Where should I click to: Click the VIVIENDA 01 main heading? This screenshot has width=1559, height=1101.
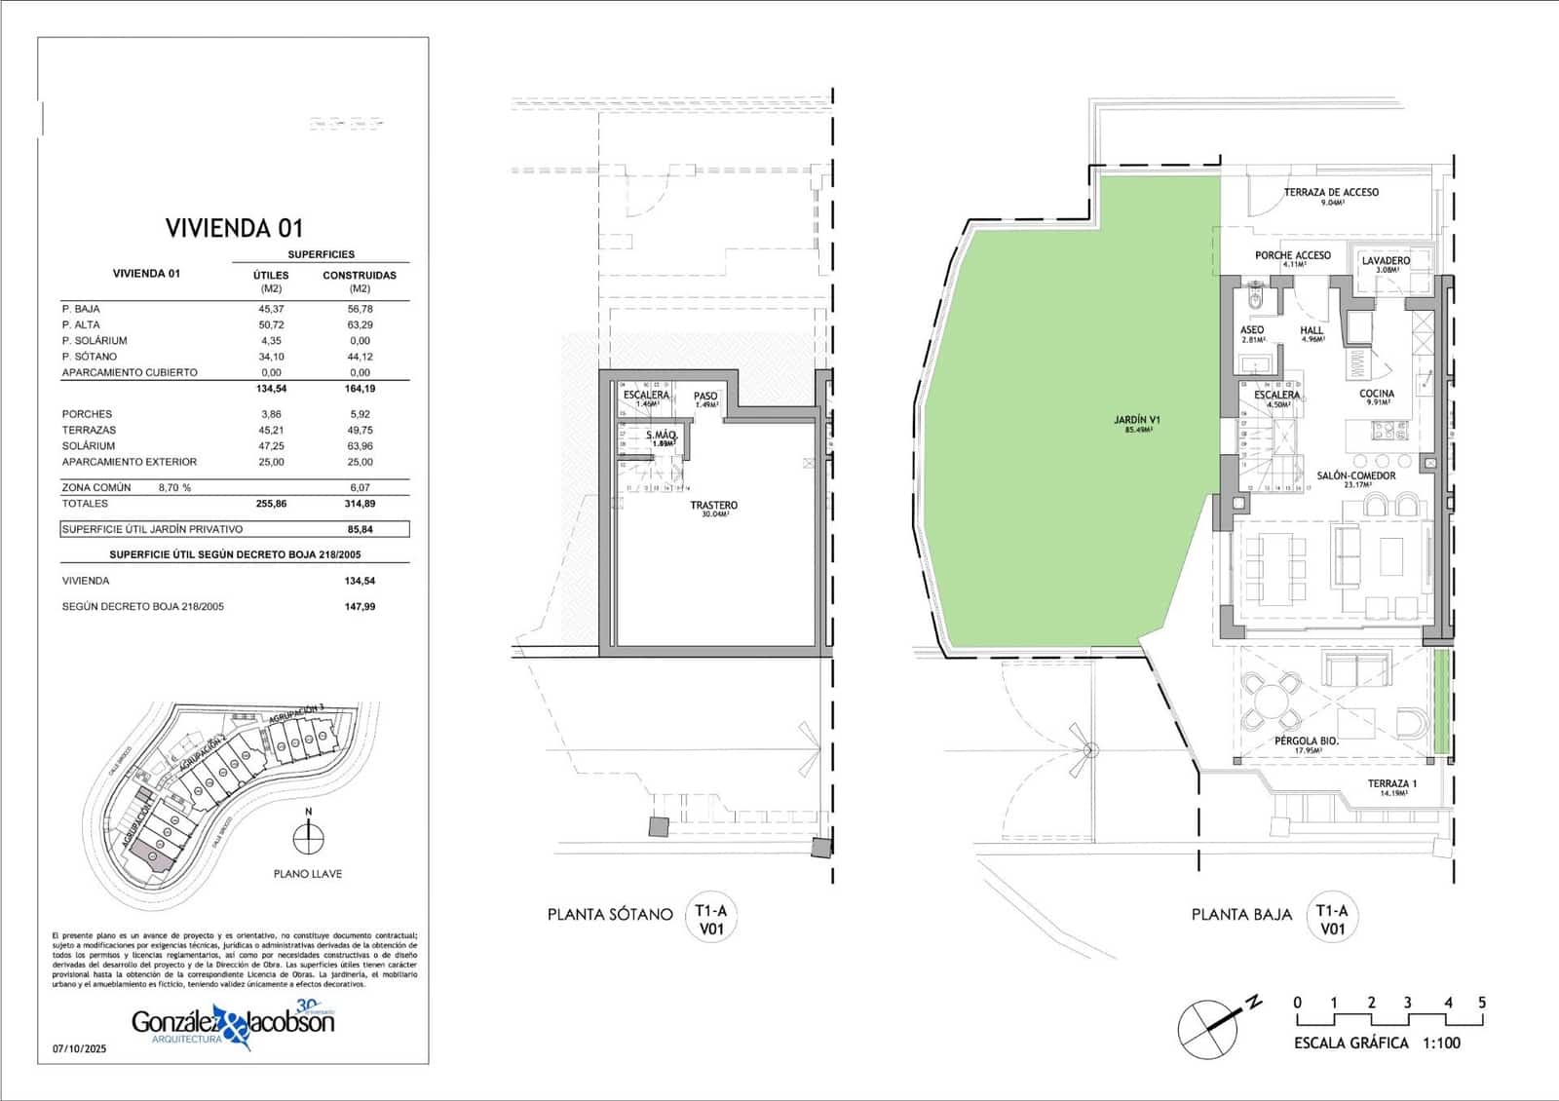click(234, 228)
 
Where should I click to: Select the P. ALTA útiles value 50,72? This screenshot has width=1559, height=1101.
click(271, 324)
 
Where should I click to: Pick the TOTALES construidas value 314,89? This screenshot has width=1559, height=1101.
click(360, 504)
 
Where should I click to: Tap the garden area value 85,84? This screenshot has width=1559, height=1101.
click(360, 529)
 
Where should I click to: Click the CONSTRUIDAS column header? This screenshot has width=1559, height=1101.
click(360, 275)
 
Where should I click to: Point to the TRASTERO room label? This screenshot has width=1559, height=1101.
click(713, 505)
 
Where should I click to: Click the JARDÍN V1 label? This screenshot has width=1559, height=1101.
click(1137, 421)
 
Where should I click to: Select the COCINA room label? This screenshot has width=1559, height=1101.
click(1377, 394)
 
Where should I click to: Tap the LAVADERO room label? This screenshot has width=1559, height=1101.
click(1386, 261)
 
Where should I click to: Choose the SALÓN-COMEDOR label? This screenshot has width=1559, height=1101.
click(1356, 475)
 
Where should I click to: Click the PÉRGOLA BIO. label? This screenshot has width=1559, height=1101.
click(1307, 740)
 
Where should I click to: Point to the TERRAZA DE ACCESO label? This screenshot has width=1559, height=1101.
click(1331, 192)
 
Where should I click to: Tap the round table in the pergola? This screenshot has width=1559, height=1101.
click(1272, 701)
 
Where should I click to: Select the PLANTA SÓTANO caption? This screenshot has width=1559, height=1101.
click(610, 914)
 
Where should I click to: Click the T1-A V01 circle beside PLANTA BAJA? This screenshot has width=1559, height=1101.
click(1332, 919)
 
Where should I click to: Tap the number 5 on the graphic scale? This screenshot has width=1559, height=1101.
click(1482, 1003)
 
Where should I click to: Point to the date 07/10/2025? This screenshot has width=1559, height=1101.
click(79, 1049)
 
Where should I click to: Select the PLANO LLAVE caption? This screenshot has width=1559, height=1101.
click(308, 874)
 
